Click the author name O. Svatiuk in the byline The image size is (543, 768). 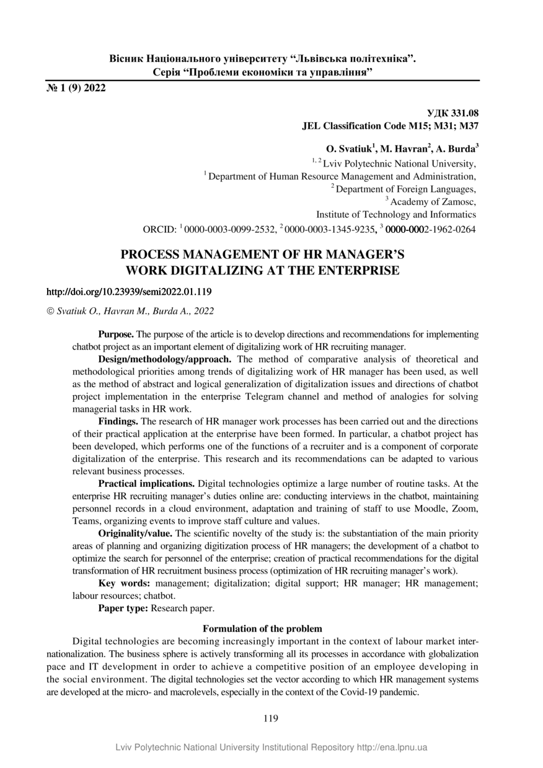pyautogui.click(x=348, y=149)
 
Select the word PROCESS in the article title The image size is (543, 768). pyautogui.click(x=151, y=255)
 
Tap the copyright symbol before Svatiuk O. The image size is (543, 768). pyautogui.click(x=50, y=311)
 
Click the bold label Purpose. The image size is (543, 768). pyautogui.click(x=116, y=334)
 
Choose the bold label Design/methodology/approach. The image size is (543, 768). pyautogui.click(x=165, y=359)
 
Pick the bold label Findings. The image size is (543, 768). pyautogui.click(x=118, y=421)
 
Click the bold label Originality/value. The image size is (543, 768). pyautogui.click(x=136, y=533)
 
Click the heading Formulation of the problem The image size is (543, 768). pyautogui.click(x=263, y=629)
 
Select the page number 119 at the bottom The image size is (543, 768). pyautogui.click(x=271, y=718)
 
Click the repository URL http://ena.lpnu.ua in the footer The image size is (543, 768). pyautogui.click(x=392, y=748)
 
